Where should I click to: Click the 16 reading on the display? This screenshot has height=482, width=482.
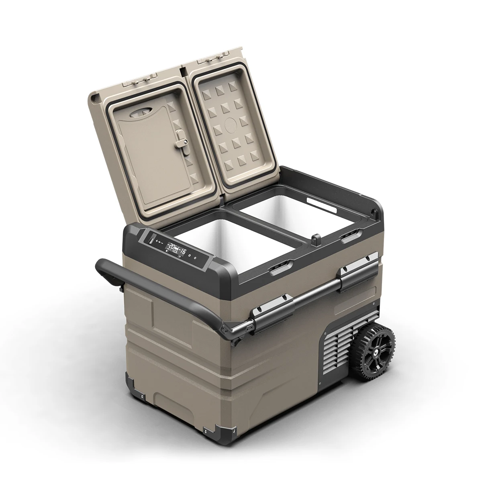pyautogui.click(x=183, y=251)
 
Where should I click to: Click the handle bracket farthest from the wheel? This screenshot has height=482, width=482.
pyautogui.click(x=273, y=310)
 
